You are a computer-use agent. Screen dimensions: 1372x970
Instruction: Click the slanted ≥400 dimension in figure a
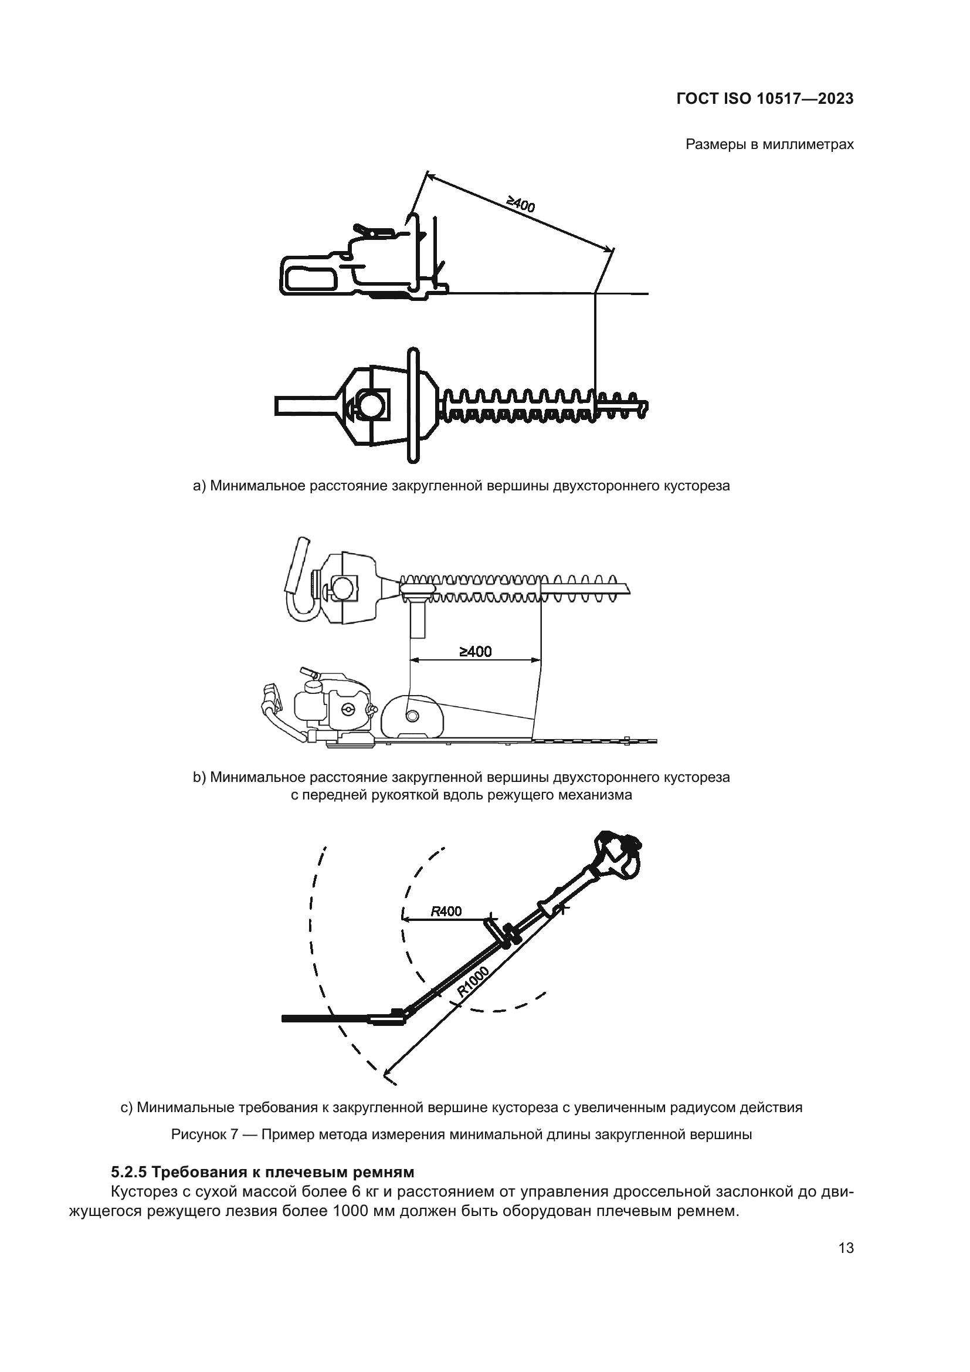pyautogui.click(x=521, y=205)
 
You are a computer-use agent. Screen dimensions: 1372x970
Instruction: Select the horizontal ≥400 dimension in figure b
pyautogui.click(x=476, y=651)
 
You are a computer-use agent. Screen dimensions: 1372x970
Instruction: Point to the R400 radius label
pyautogui.click(x=446, y=912)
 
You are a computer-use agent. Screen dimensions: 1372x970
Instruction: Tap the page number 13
pyautogui.click(x=846, y=1248)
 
